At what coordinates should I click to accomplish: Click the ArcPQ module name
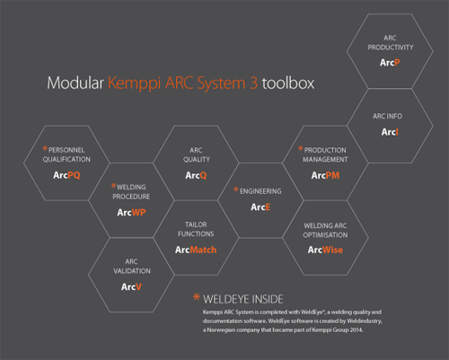click(x=66, y=175)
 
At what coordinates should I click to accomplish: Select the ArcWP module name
click(x=131, y=213)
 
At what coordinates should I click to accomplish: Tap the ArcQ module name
click(x=196, y=175)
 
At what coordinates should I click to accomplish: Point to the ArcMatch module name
click(x=196, y=250)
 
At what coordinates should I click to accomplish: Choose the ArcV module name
click(x=131, y=287)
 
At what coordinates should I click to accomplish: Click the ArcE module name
click(x=260, y=207)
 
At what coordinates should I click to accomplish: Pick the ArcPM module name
click(x=325, y=175)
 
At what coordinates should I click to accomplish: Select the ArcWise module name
click(x=325, y=250)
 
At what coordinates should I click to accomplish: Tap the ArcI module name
click(x=390, y=132)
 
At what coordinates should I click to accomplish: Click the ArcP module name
click(x=390, y=63)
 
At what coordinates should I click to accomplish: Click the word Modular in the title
click(x=75, y=83)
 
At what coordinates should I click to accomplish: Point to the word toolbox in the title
click(x=288, y=83)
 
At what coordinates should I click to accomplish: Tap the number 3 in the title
click(x=254, y=83)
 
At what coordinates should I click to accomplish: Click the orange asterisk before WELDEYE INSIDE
click(x=197, y=297)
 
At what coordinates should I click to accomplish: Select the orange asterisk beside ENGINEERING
click(x=236, y=189)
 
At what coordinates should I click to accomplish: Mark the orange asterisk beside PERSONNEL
click(x=45, y=148)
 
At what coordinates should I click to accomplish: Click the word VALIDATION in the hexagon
click(x=132, y=271)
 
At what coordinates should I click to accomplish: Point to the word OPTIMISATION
click(x=325, y=235)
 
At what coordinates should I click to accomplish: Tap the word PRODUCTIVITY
click(x=391, y=48)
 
